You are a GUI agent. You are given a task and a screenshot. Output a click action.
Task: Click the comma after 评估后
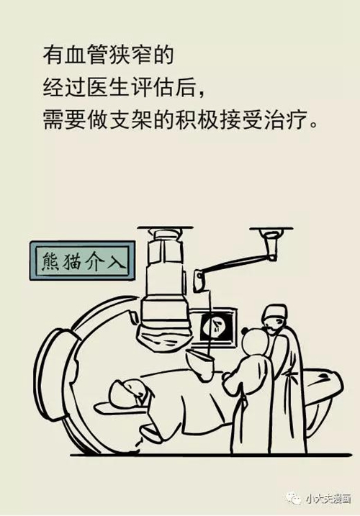coord(202,94)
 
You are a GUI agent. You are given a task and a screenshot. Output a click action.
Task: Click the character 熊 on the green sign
coord(50,261)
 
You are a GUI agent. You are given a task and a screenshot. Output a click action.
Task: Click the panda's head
coord(256,343)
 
